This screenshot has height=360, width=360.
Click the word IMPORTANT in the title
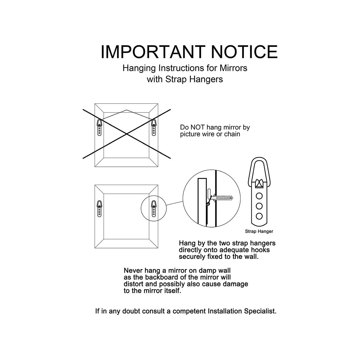[x=152, y=52]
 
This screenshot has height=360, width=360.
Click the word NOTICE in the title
[x=244, y=52]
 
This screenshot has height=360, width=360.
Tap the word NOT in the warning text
[x=198, y=127]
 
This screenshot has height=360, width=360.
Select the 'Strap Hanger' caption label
[x=259, y=232]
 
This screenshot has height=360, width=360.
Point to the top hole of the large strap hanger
[x=259, y=196]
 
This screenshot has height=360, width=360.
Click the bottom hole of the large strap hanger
[x=259, y=216]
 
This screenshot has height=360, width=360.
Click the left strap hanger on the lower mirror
[x=99, y=209]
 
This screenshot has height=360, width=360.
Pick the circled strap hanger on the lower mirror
[x=154, y=209]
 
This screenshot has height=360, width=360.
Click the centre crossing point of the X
[x=127, y=134]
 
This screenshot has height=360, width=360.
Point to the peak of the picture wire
[x=127, y=110]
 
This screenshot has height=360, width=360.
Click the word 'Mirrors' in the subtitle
[x=233, y=68]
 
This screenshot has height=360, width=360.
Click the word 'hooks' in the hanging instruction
[x=260, y=250]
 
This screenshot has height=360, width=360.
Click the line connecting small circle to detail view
[x=175, y=203]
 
